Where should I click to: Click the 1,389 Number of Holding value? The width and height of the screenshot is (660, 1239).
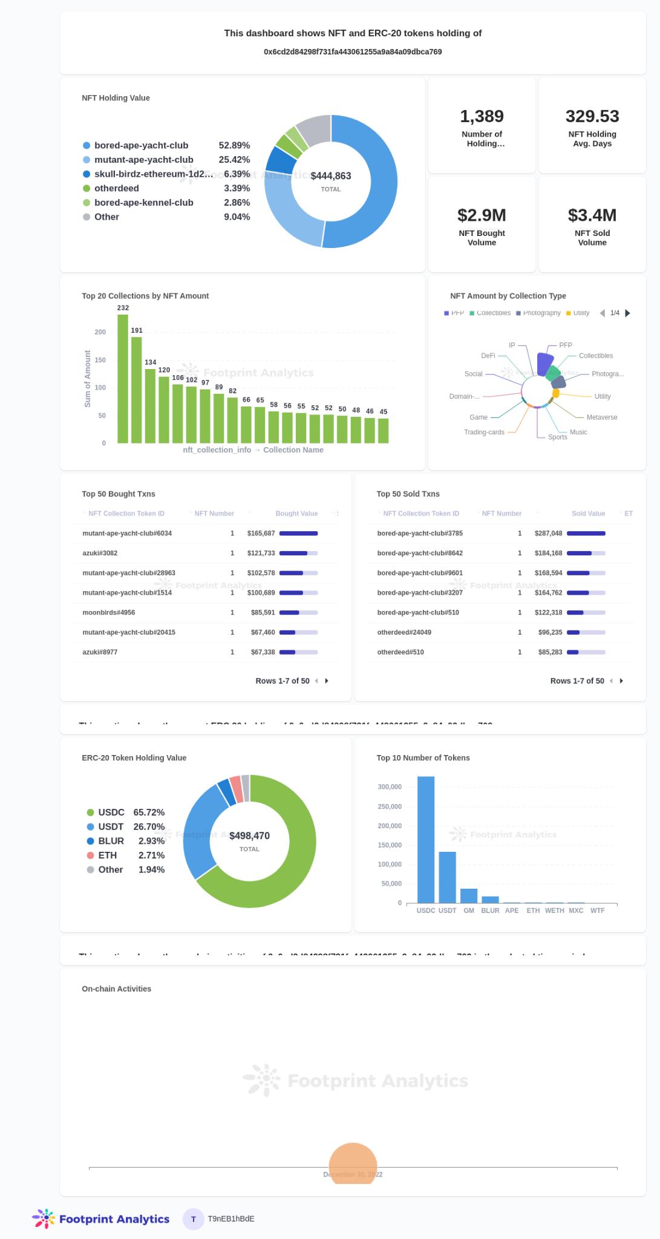(482, 116)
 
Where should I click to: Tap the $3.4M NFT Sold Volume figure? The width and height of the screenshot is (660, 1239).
(592, 215)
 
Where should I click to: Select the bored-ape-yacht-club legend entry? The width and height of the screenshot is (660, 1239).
(141, 146)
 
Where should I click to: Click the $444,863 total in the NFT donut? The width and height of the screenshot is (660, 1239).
(331, 176)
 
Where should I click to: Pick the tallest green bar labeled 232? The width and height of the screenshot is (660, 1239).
(123, 378)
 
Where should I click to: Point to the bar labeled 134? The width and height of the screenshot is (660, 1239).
(150, 405)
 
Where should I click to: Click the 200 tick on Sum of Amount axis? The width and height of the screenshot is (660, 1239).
(100, 332)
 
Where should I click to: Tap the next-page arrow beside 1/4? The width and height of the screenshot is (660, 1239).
(628, 313)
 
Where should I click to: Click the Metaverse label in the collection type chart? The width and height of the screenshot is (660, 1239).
(601, 417)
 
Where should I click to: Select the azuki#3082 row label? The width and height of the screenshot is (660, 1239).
(100, 553)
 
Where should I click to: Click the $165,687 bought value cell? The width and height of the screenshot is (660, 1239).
(261, 534)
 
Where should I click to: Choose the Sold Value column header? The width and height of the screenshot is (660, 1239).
(588, 514)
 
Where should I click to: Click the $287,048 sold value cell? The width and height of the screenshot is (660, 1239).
(549, 534)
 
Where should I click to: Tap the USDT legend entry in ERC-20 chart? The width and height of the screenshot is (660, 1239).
(111, 827)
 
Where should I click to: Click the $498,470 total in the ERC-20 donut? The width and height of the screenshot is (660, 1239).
(249, 836)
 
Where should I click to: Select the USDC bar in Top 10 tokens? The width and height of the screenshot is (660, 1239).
(426, 840)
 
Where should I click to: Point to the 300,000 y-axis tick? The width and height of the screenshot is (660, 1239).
(390, 787)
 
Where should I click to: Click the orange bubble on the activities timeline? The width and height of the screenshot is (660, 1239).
(353, 1164)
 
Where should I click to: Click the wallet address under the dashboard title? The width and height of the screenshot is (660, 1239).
(353, 52)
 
